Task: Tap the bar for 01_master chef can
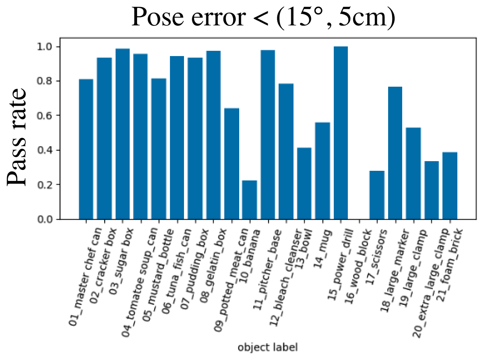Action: pyautogui.click(x=86, y=149)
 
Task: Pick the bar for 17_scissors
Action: pyautogui.click(x=377, y=195)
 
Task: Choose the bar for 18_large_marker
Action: pyautogui.click(x=395, y=153)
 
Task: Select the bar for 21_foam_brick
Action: pyautogui.click(x=450, y=186)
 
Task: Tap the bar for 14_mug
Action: pyautogui.click(x=322, y=171)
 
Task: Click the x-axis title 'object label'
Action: pyautogui.click(x=267, y=348)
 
